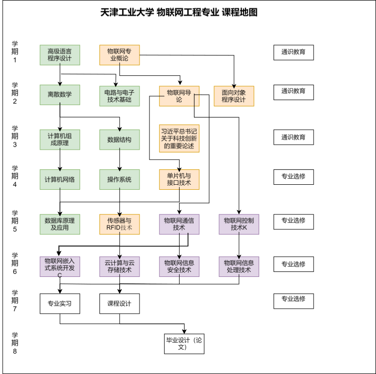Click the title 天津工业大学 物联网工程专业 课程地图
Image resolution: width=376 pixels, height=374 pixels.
[179, 13]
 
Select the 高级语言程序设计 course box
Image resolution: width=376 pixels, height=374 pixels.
[60, 55]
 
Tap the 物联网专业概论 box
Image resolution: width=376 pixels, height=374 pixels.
[120, 55]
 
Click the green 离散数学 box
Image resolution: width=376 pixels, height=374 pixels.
[60, 95]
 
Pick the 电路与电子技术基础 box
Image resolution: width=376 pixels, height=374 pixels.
[120, 96]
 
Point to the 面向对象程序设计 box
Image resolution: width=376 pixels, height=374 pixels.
[234, 96]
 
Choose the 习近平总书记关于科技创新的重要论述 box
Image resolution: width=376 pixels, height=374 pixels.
[179, 138]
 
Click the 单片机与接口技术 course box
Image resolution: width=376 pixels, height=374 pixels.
[179, 179]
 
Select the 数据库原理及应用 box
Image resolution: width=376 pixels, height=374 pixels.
[60, 224]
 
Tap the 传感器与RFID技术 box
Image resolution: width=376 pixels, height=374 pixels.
[120, 224]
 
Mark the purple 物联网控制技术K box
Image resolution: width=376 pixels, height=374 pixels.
[239, 224]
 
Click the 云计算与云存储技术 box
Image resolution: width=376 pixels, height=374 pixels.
[120, 267]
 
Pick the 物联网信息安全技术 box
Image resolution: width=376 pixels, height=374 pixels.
[179, 267]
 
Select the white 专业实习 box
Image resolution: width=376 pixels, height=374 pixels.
[60, 304]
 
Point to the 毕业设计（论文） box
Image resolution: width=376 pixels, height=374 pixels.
[185, 344]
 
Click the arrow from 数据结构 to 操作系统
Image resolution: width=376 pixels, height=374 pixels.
[120, 160]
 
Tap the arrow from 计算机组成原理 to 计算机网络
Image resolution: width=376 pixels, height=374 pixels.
[60, 160]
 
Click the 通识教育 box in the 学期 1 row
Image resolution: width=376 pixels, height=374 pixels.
[293, 52]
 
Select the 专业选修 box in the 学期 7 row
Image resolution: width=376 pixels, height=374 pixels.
[293, 299]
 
